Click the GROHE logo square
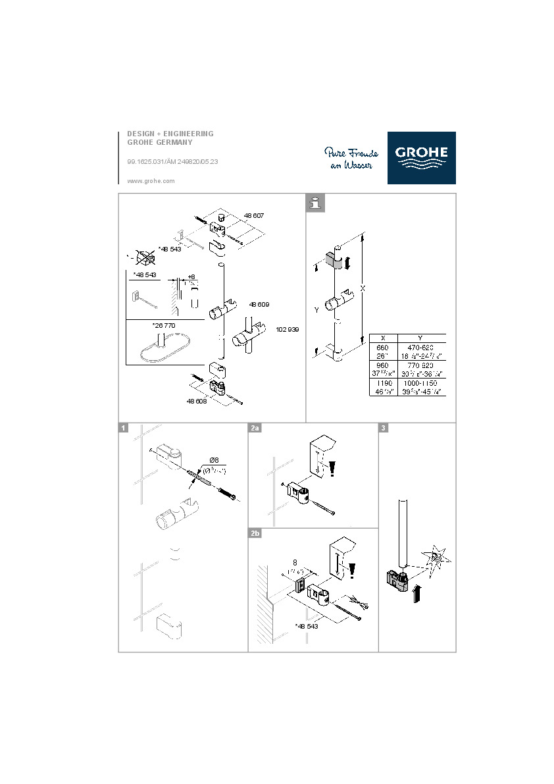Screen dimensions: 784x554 [421, 158]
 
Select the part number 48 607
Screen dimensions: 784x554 [254, 215]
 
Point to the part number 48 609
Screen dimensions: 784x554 [259, 305]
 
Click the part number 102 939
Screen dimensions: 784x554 [288, 329]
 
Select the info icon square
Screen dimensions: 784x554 [316, 203]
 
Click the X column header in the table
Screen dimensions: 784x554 [383, 337]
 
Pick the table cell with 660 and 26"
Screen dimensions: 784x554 [383, 350]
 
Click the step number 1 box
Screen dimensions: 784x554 [123, 429]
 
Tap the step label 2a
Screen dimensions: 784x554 [255, 429]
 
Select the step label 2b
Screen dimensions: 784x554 [255, 533]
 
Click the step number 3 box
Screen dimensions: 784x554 [384, 429]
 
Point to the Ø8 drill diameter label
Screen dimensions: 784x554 [214, 459]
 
